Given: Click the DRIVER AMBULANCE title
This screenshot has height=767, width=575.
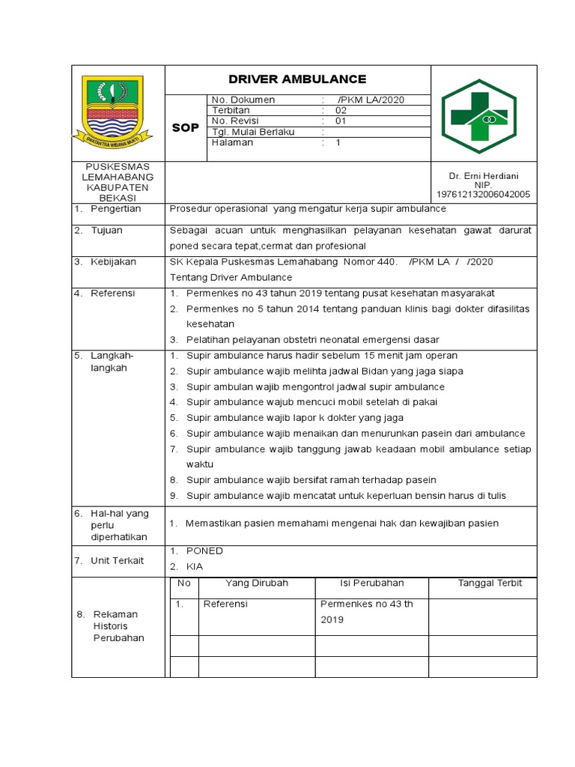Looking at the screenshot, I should [297, 79].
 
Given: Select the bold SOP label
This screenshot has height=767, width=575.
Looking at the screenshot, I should [186, 128].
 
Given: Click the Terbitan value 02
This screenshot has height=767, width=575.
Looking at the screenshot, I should [341, 110].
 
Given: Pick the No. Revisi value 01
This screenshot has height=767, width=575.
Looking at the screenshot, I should [341, 121].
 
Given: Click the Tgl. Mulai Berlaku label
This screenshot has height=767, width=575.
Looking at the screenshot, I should [253, 132].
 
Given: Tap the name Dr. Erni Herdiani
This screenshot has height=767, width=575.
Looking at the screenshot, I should [483, 175].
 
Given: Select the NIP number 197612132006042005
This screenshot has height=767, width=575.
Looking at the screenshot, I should [483, 194].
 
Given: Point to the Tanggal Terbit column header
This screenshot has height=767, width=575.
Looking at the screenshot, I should [490, 583].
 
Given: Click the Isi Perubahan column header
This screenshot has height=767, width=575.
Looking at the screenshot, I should [372, 583].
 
